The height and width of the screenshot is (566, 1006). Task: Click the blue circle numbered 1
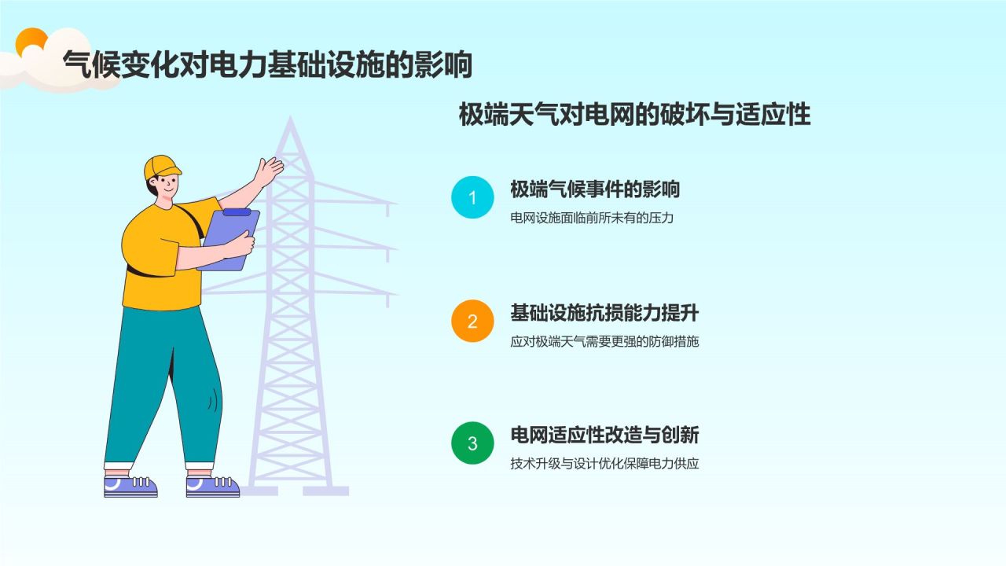472,197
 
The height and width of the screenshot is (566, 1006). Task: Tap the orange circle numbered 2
472,322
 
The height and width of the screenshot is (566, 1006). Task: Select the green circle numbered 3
472,443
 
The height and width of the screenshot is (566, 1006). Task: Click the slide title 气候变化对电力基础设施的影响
267,64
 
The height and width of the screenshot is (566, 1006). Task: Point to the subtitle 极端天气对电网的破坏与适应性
634,115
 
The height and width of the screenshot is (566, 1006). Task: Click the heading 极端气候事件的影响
595,189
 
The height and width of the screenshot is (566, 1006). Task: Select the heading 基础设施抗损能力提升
604,313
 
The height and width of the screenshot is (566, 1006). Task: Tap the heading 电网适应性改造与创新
604,435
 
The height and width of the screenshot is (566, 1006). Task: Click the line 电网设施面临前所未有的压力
592,218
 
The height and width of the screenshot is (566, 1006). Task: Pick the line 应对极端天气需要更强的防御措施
604,341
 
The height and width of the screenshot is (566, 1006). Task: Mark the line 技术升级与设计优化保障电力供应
604,464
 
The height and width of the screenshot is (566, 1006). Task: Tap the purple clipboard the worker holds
229,241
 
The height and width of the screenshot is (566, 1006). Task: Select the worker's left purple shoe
130,487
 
